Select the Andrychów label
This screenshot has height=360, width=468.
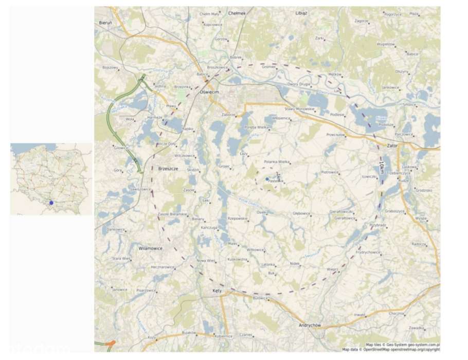[310, 326]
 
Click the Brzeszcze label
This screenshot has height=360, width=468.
[168, 168]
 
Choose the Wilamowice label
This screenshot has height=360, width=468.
[151, 248]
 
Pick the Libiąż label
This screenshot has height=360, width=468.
[301, 13]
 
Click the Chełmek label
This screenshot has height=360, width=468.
[237, 13]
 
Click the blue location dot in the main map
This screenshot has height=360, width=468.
[267, 179]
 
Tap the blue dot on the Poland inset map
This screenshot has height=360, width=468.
[51, 203]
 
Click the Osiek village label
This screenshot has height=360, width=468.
[261, 212]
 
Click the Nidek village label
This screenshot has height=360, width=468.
[294, 264]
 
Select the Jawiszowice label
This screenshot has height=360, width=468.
[141, 189]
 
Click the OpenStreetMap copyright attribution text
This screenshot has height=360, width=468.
[390, 349]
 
